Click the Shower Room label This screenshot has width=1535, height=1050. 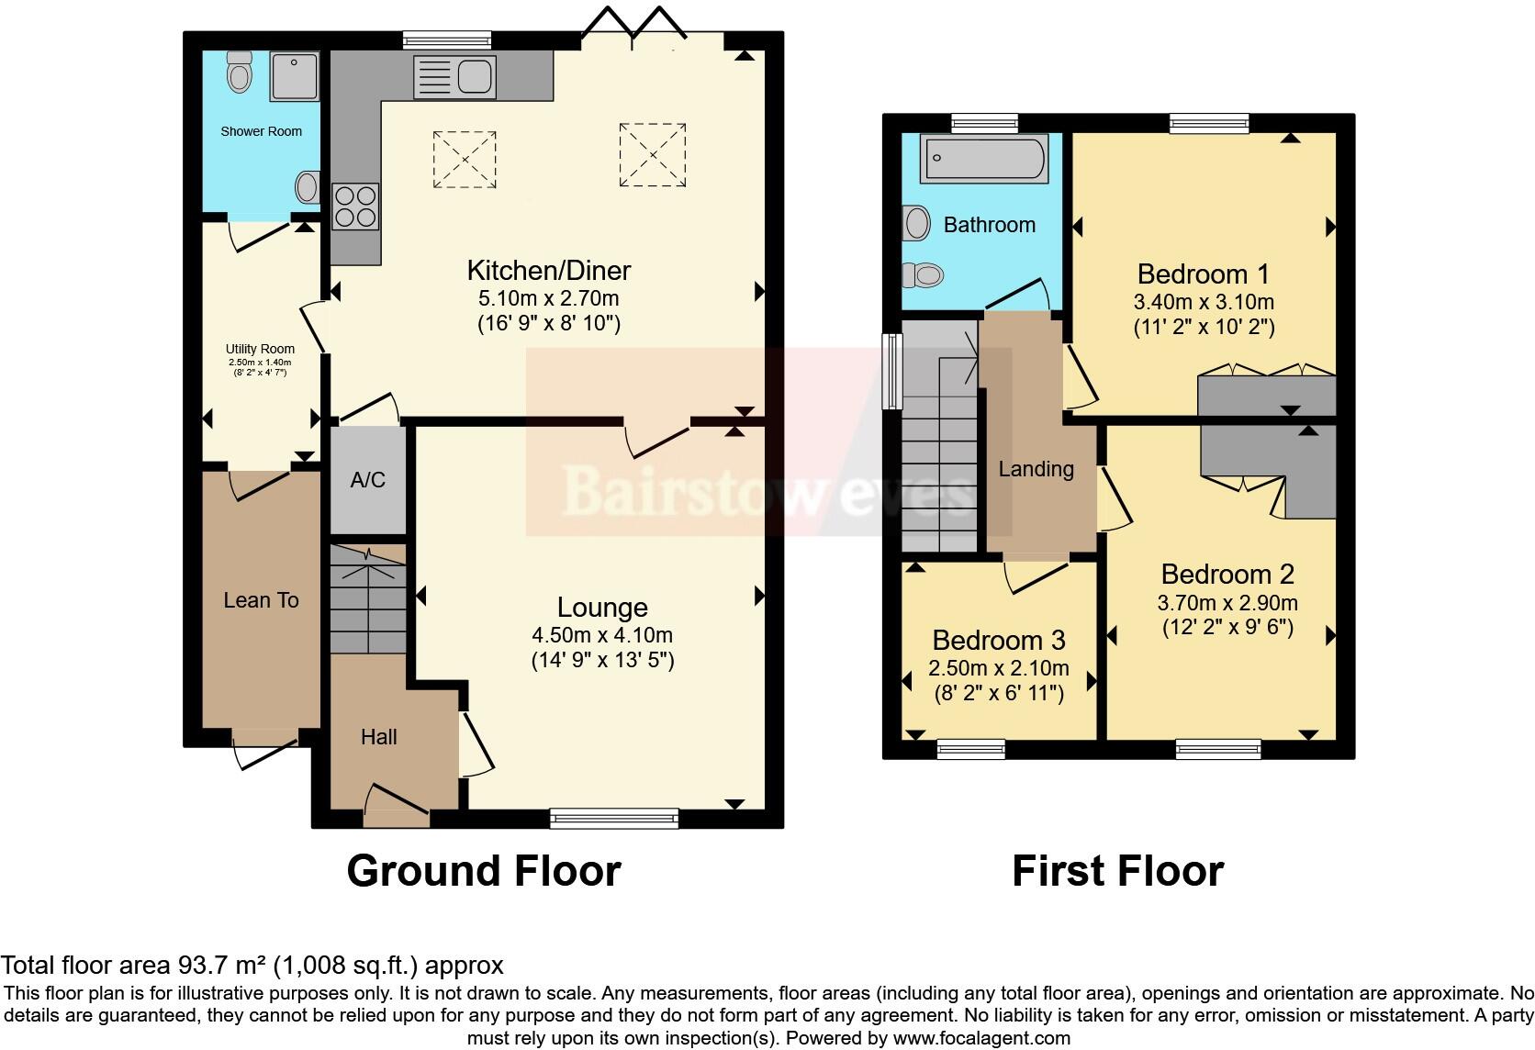261,131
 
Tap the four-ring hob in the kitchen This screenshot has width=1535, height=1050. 355,206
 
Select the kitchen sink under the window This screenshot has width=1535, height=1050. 455,76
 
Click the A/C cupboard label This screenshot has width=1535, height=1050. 367,480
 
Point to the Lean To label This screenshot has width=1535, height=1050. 261,600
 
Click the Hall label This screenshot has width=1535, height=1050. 378,737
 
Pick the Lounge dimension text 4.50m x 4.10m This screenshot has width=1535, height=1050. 602,635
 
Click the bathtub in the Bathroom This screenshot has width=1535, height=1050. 983,158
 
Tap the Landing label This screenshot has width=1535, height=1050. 1036,469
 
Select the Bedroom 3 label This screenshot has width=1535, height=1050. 999,640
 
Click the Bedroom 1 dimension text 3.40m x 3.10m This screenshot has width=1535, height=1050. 1204,302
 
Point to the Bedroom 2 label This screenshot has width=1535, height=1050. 1227,575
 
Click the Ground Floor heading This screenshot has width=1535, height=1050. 484,871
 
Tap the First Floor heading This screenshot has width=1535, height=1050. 1117,871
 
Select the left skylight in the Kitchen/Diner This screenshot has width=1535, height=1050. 465,160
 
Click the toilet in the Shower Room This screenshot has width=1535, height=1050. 240,72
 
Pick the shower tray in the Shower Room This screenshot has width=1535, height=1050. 294,76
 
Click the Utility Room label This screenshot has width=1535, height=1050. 260,349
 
